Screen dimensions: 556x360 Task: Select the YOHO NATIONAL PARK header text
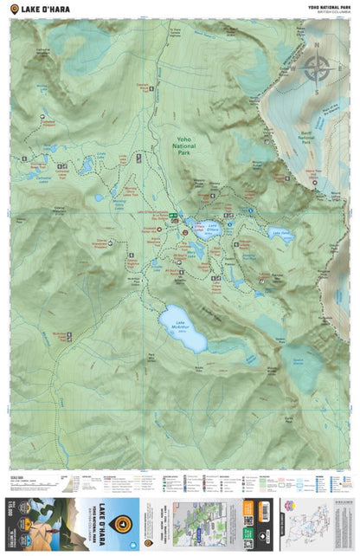329,6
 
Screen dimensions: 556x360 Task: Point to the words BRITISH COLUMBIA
334,12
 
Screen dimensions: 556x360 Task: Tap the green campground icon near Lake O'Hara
173,215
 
